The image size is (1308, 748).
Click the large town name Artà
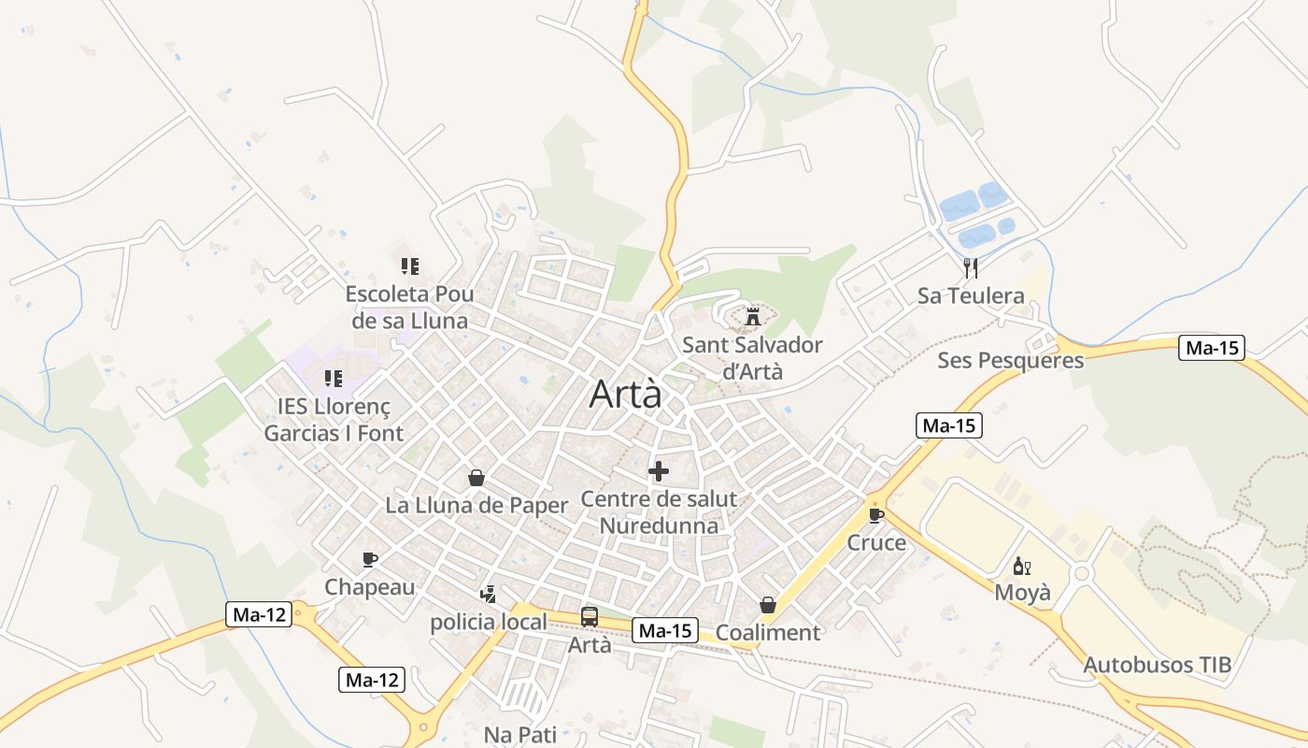point(625,395)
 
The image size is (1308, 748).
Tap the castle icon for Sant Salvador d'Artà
point(752,317)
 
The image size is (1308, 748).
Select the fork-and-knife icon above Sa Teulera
point(971,268)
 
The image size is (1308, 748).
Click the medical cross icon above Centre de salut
point(659,470)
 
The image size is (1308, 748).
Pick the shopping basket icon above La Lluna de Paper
point(476,478)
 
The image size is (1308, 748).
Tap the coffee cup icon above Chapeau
point(370,559)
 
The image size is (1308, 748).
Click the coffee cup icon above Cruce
point(875,514)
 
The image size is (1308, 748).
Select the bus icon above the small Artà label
point(590,616)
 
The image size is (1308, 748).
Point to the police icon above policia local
point(488,594)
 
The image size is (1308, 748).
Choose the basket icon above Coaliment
point(768,605)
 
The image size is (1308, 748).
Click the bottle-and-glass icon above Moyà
point(1022,566)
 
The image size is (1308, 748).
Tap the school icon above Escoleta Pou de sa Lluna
point(409,266)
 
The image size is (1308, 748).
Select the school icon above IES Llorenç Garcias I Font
point(333,379)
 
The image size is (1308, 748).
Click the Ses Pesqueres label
point(1011,360)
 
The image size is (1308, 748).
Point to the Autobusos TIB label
point(1158,665)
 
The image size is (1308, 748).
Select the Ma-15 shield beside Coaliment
point(665,630)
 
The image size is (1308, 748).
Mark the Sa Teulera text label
point(971,295)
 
